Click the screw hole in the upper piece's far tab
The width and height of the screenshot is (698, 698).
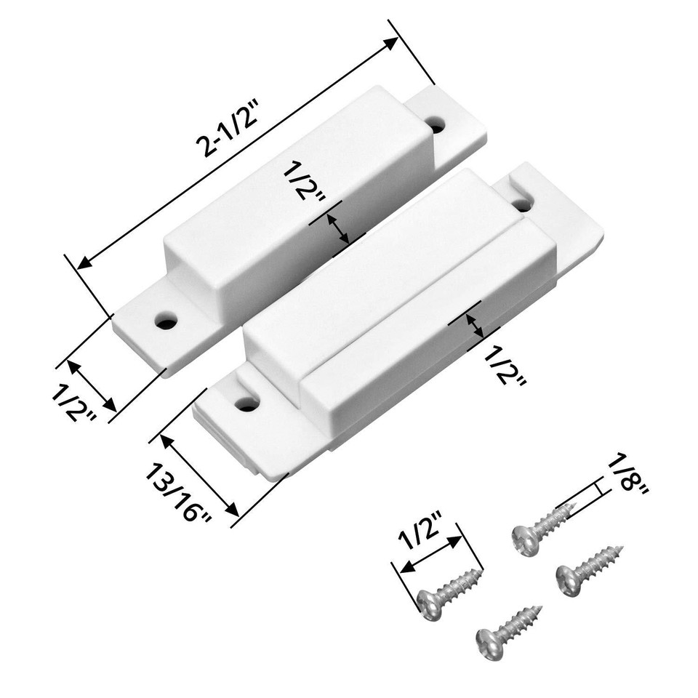pos(436,124)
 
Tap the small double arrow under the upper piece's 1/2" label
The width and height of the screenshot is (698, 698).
pos(336,228)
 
